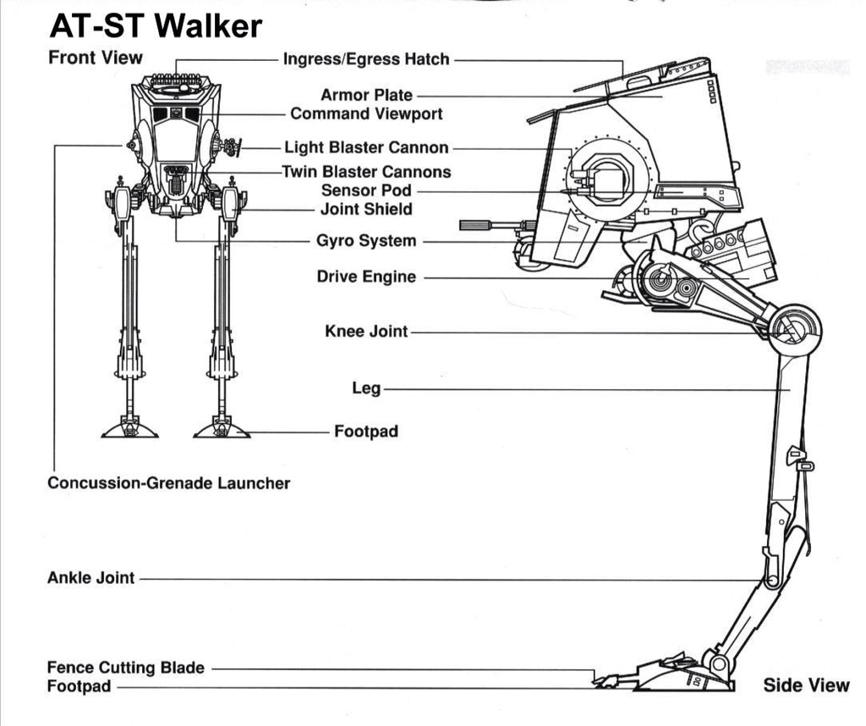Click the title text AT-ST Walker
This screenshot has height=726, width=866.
click(x=156, y=27)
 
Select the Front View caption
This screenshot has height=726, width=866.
click(x=96, y=58)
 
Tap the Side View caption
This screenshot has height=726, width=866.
click(x=806, y=685)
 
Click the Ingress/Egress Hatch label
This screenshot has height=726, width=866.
click(x=366, y=59)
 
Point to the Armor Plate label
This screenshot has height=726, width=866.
click(x=366, y=96)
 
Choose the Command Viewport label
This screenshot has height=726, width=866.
click(x=366, y=113)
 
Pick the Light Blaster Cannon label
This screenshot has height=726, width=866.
click(x=366, y=148)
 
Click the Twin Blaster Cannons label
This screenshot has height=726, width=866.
click(x=366, y=172)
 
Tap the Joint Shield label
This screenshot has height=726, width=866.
click(x=366, y=209)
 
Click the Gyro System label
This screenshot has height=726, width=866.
click(x=366, y=241)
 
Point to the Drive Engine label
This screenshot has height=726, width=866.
click(x=366, y=277)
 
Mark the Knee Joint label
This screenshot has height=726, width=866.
click(x=366, y=331)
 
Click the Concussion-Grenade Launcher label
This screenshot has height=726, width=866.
click(x=169, y=484)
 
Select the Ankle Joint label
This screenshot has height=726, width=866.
click(x=90, y=579)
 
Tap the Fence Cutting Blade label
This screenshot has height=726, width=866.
click(x=125, y=668)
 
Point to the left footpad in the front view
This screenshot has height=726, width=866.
click(x=129, y=428)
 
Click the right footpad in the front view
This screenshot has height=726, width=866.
click(x=222, y=428)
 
